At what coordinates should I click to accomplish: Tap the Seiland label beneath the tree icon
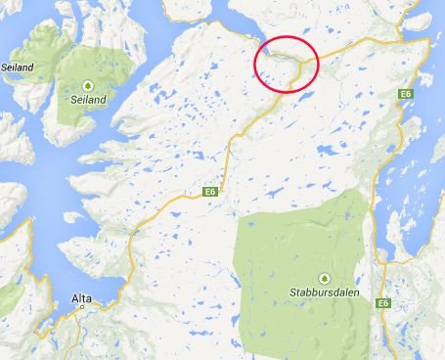[x=88, y=99]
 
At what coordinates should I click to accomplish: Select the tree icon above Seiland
[x=88, y=84]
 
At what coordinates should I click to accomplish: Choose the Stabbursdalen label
[x=319, y=292]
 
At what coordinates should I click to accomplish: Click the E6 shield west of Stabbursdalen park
[x=209, y=193]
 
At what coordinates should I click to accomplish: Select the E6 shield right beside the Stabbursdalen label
[x=379, y=305]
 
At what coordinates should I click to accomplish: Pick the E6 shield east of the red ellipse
[x=404, y=93]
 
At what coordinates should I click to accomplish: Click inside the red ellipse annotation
[x=286, y=63]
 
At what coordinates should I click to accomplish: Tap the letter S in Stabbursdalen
[x=292, y=292]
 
